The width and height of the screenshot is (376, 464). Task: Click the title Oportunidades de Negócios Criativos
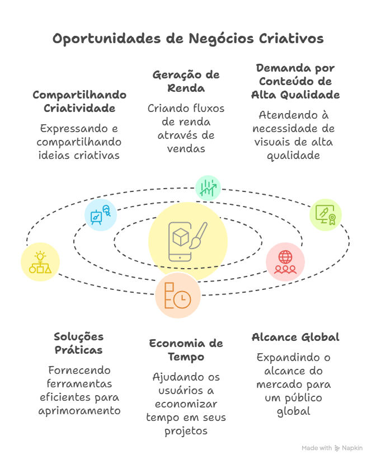pos(188,39)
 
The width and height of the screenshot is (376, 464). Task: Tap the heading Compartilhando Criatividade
pos(79,101)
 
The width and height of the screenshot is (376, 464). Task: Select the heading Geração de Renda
pos(186,81)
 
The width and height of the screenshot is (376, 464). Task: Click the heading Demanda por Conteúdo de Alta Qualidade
pos(295,81)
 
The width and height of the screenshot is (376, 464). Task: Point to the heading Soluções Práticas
pos(78,343)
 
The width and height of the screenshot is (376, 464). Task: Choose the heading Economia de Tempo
pos(186,350)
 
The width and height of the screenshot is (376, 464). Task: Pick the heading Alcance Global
pos(295,337)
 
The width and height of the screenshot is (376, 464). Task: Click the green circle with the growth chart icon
pos(208,188)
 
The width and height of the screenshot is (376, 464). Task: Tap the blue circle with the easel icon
pos(100,214)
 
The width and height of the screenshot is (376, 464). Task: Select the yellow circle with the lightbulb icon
pos(40,262)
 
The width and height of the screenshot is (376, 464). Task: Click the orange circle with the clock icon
pos(177,296)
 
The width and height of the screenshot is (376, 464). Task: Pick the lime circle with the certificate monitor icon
pos(326,214)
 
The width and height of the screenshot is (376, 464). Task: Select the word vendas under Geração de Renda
pos(186,148)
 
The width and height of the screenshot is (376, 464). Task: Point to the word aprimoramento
pos(79,410)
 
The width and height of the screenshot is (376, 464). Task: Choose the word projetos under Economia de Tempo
pos(186,430)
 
